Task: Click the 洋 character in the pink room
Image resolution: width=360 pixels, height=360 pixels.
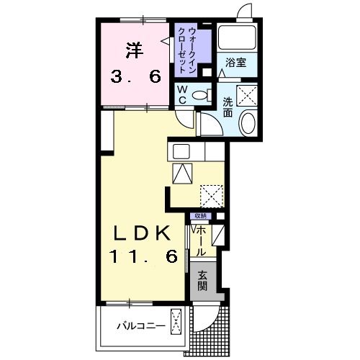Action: (x=135, y=50)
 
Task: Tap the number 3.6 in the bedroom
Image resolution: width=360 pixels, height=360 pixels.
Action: (x=135, y=77)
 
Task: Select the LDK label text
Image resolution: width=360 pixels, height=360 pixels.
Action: (x=143, y=233)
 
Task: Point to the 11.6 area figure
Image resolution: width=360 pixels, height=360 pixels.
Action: (x=143, y=256)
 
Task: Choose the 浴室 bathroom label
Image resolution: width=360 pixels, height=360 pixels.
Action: (x=235, y=63)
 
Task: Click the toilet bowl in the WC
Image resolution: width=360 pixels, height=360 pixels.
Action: (x=199, y=95)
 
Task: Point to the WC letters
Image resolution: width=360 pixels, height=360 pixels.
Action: (x=183, y=95)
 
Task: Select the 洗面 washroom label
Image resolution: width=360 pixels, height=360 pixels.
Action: (x=228, y=107)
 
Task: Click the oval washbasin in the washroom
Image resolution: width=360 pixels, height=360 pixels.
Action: (x=248, y=123)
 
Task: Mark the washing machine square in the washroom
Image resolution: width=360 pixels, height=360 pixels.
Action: (x=247, y=95)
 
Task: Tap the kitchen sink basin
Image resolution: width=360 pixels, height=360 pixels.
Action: (x=181, y=151)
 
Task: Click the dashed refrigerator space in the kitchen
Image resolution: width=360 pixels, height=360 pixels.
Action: (x=212, y=196)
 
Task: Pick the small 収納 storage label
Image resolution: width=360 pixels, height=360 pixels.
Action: (x=201, y=216)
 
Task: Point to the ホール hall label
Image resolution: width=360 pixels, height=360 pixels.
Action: (x=201, y=241)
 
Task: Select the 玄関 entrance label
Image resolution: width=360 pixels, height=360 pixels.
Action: (x=202, y=281)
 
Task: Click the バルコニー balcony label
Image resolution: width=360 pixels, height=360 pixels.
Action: (x=141, y=326)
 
